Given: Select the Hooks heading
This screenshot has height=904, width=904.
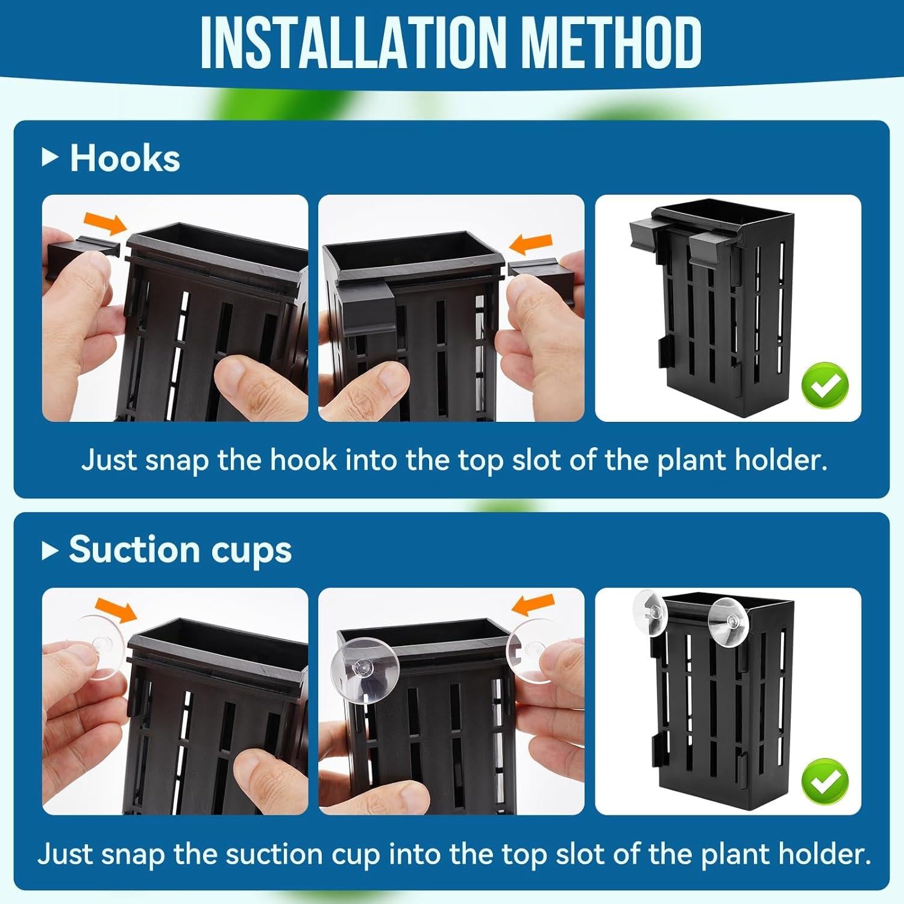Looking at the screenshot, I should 125,159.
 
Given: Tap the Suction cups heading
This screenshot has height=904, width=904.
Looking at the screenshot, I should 180,550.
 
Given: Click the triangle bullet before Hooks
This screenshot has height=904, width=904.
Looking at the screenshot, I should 50,159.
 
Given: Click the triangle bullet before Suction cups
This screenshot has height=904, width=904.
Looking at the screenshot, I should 50,550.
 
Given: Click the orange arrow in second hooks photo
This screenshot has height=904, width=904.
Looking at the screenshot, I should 530,243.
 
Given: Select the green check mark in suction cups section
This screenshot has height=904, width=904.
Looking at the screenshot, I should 824,781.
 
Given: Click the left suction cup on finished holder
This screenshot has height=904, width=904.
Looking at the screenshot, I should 650,611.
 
